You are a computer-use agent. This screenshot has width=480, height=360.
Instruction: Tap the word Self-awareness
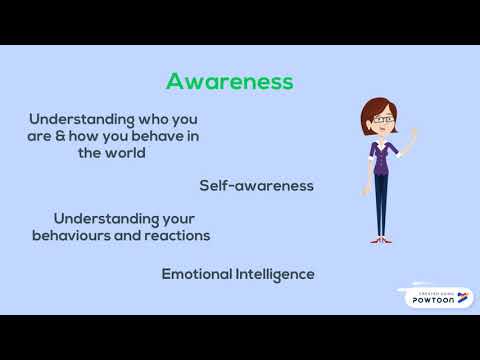click(x=257, y=186)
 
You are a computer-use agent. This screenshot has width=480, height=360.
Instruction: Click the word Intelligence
click(x=275, y=274)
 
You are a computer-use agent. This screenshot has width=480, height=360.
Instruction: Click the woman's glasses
click(x=383, y=120)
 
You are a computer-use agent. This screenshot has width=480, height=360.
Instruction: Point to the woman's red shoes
click(x=380, y=239)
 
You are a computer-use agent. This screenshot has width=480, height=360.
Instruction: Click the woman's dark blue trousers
click(x=381, y=205)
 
